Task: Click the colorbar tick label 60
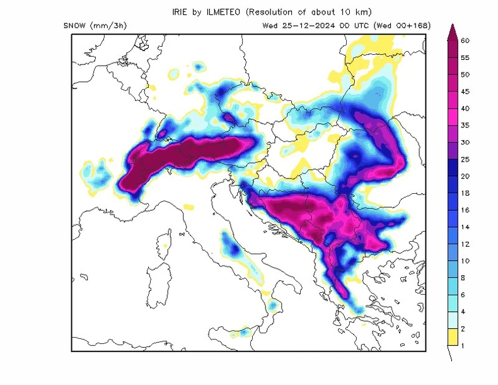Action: tap(465, 40)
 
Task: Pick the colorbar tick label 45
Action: tap(465, 92)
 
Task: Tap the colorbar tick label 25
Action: tap(465, 159)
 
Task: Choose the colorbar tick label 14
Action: tap(465, 227)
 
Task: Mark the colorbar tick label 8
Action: tap(463, 277)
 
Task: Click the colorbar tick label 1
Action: tap(463, 345)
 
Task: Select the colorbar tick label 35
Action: tap(465, 125)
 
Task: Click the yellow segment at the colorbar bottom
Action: tap(452, 337)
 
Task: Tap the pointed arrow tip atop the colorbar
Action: tap(452, 26)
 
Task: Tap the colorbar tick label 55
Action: tap(465, 57)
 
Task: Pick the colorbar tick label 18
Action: tap(465, 193)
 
